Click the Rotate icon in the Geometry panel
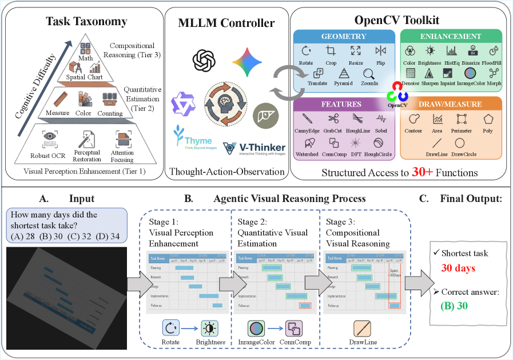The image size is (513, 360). click(x=306, y=51)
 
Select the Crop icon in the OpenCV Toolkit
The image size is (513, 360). click(x=330, y=51)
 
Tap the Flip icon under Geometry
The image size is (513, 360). click(x=381, y=51)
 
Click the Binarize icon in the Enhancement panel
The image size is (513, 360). click(x=473, y=51)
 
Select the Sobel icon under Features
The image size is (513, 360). click(x=381, y=119)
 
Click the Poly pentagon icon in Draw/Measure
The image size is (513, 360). click(x=488, y=119)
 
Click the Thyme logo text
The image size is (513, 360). click(x=192, y=141)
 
